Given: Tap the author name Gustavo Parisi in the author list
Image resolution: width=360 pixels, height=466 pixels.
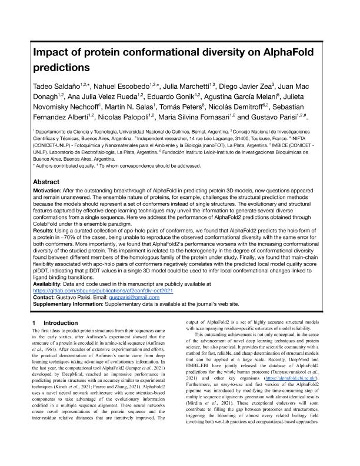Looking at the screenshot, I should click(267, 118).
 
